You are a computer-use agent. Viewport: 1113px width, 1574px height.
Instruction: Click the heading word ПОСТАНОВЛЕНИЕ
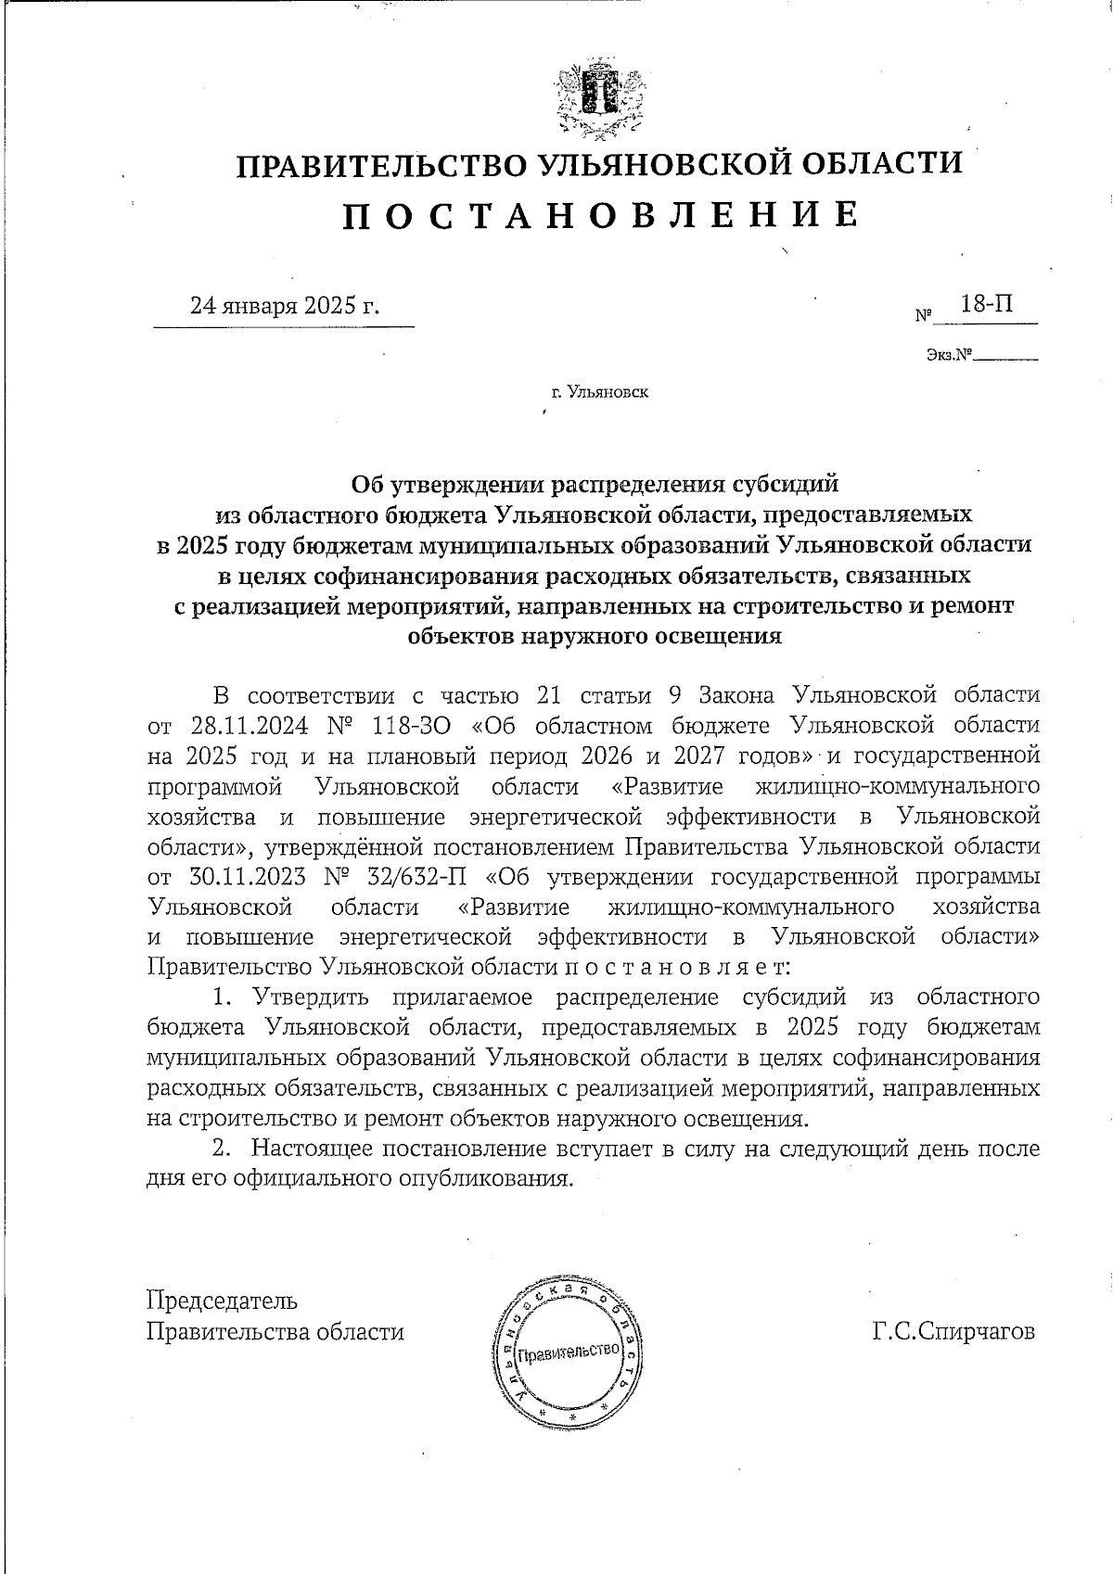[x=600, y=215]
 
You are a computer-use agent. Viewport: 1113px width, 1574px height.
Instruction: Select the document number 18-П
[x=987, y=304]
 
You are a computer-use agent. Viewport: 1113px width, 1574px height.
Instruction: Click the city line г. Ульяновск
[x=599, y=392]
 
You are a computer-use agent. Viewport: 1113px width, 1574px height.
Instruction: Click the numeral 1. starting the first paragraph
[x=221, y=997]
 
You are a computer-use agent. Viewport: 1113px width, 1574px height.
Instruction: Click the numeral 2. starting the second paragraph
[x=221, y=1149]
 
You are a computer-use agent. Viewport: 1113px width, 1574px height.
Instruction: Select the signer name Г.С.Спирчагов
[x=952, y=1332]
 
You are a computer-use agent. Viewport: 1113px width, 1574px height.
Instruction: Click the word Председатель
[x=223, y=1301]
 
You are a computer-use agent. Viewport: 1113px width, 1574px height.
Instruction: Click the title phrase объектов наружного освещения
[x=594, y=636]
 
